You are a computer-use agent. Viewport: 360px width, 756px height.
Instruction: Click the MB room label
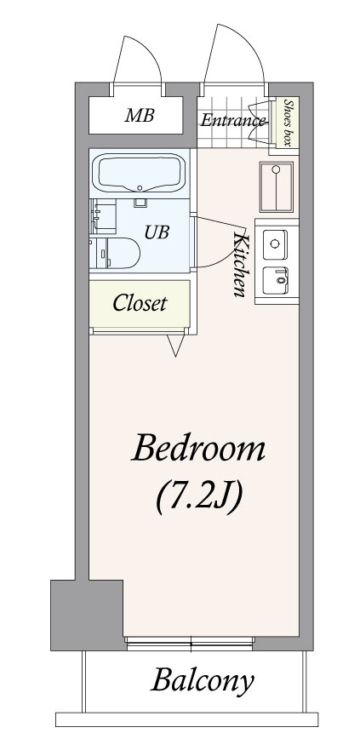(140, 116)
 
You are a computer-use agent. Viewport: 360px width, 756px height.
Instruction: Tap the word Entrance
(233, 120)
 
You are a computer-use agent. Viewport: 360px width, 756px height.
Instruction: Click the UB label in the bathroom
(157, 232)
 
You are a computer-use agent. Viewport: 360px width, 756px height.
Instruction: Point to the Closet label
(140, 303)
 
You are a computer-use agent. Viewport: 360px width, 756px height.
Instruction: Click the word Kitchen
(240, 264)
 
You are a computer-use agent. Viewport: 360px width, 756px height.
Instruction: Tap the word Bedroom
(198, 449)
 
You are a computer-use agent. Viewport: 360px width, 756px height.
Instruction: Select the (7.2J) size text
(198, 497)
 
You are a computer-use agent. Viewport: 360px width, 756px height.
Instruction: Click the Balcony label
(203, 682)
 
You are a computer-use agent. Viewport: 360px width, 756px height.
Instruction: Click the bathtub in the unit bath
(140, 173)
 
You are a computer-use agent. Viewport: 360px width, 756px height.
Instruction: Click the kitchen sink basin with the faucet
(275, 280)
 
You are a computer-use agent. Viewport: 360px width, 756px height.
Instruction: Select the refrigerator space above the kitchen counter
(276, 187)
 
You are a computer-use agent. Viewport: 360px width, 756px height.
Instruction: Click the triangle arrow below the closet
(175, 346)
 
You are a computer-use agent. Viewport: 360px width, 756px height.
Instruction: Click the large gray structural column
(87, 615)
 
